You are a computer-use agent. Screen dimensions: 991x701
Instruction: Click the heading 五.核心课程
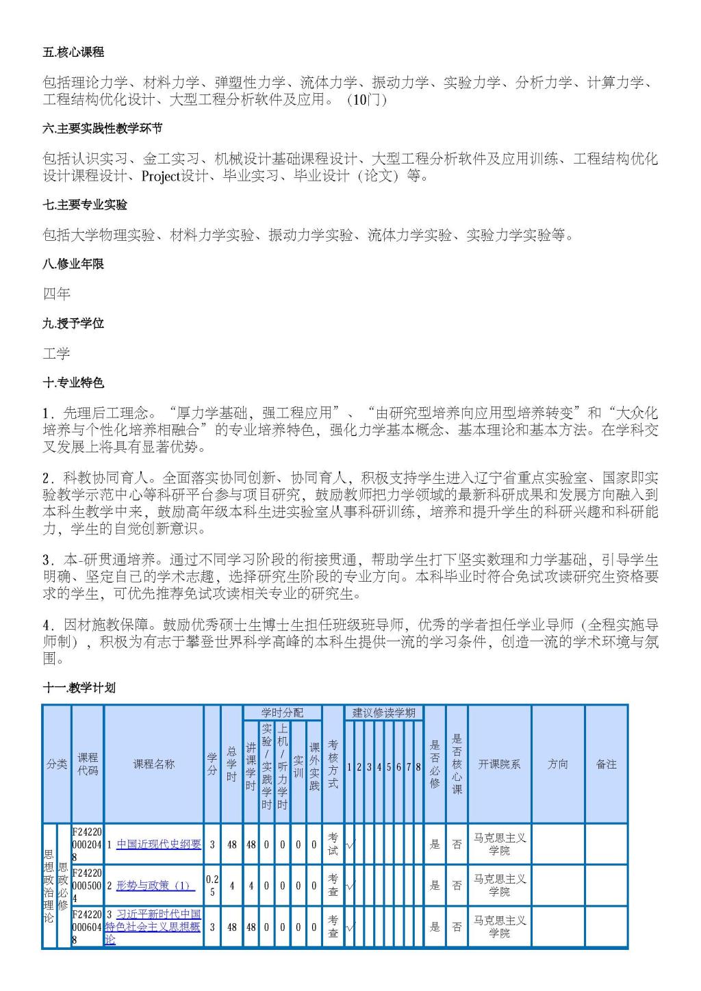tap(73, 53)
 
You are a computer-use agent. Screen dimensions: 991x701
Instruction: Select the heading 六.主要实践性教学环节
tap(102, 129)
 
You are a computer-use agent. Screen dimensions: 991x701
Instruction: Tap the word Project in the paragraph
tap(160, 177)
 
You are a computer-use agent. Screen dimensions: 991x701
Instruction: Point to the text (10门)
tap(366, 100)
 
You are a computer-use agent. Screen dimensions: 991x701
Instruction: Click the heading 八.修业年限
tap(73, 263)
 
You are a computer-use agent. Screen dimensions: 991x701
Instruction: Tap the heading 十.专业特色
tap(73, 383)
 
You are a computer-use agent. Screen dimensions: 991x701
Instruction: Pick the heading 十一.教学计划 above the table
tap(79, 688)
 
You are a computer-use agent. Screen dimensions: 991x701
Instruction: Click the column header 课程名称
tap(153, 764)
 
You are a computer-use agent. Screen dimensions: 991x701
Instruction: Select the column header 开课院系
tap(499, 764)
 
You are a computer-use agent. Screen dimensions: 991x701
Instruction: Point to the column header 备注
tap(606, 764)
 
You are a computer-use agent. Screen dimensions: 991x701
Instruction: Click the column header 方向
tap(558, 764)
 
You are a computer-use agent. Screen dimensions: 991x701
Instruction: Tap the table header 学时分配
tap(282, 712)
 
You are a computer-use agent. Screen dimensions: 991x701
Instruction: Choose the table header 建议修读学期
tap(383, 712)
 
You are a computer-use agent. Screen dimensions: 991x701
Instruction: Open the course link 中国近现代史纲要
tap(159, 845)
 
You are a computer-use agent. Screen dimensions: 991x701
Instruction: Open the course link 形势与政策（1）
tap(155, 886)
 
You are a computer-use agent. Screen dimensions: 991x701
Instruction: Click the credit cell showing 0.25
tap(212, 886)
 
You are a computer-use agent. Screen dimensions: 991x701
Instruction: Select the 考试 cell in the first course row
tap(333, 845)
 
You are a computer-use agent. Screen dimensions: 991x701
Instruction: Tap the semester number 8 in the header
tap(418, 767)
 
